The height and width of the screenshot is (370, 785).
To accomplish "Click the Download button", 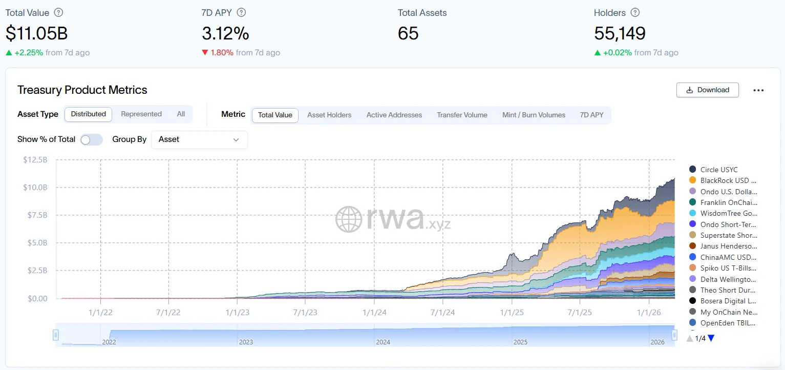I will point(707,90).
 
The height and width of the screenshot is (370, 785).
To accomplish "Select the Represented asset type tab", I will point(141,114).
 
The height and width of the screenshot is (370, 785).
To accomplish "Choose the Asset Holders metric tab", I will point(329,115).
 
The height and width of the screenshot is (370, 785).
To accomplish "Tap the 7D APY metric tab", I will point(591,115).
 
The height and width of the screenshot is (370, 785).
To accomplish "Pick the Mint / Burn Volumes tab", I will point(534,115).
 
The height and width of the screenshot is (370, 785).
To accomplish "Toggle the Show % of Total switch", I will point(92,139).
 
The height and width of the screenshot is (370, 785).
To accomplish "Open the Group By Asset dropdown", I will point(199,139).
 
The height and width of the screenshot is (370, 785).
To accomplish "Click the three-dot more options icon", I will point(758,90).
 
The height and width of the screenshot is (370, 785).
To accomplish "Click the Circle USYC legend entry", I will point(718,170).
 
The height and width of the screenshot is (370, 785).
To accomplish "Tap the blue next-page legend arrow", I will point(711,338).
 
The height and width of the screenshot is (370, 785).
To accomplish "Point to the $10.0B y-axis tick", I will point(35,188).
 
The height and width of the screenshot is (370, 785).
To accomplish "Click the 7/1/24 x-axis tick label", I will point(442,312).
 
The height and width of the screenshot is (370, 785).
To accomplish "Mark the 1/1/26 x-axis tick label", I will point(649,312).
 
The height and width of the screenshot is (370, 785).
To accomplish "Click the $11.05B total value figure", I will point(37,33).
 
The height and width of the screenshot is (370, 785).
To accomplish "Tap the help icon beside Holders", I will point(635,13).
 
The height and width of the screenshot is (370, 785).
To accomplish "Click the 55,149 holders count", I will point(620,33).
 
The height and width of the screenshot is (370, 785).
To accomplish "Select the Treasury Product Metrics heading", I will point(82,90).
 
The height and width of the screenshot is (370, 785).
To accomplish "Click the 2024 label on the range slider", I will point(383,342).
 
